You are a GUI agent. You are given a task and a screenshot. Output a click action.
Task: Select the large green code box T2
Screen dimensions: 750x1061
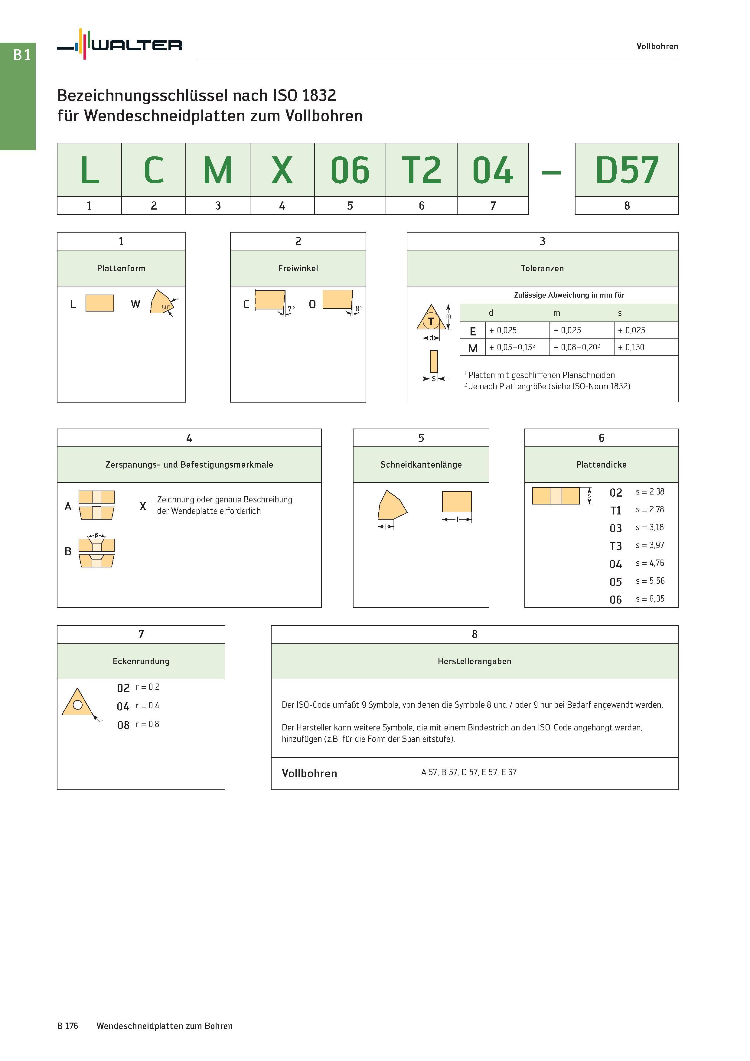tap(422, 170)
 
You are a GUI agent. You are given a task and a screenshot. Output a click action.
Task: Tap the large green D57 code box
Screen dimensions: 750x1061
tap(627, 170)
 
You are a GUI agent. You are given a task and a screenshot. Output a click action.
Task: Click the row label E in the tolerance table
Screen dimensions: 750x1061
tap(473, 331)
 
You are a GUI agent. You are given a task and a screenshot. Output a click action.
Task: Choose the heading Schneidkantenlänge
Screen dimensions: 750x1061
tap(421, 465)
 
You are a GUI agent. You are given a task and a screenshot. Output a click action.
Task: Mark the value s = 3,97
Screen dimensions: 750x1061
tap(650, 545)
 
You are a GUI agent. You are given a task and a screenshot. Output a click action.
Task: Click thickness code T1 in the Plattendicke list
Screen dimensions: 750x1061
tap(615, 511)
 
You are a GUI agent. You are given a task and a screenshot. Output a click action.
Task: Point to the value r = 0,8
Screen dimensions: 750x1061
tap(147, 724)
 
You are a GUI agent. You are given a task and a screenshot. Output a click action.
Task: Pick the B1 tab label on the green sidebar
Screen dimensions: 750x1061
tap(22, 55)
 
